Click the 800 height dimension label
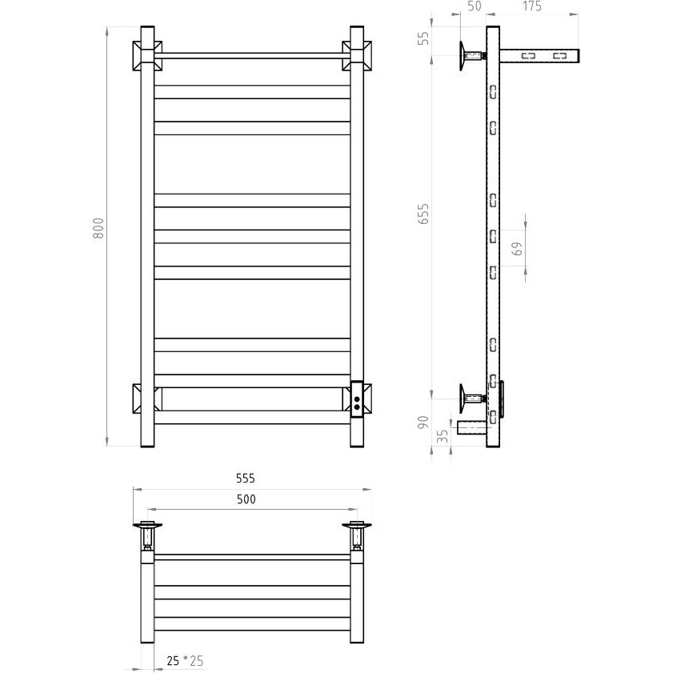point(98,228)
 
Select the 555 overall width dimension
point(246,478)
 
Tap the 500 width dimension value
point(246,499)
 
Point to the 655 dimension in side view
point(423,214)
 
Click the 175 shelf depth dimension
point(532,6)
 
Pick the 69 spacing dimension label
point(518,249)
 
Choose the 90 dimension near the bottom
point(423,422)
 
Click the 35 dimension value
point(443,436)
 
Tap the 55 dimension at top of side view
point(423,38)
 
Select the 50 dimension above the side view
point(475,6)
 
